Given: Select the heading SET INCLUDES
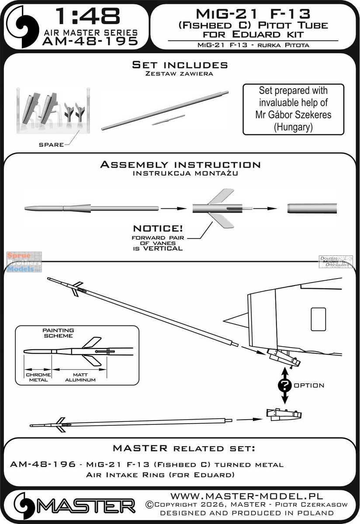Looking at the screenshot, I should (x=180, y=65).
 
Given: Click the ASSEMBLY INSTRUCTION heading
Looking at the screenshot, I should (x=180, y=165).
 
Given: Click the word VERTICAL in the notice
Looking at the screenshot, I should (x=160, y=248).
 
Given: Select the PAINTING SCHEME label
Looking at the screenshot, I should (x=58, y=333).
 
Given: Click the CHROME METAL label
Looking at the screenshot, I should (x=39, y=377).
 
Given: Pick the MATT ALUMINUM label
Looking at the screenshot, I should (x=79, y=377).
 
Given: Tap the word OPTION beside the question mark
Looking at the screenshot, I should (x=309, y=386).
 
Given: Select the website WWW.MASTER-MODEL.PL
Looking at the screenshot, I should (x=246, y=496).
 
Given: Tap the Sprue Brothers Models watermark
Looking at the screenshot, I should (x=24, y=262).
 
